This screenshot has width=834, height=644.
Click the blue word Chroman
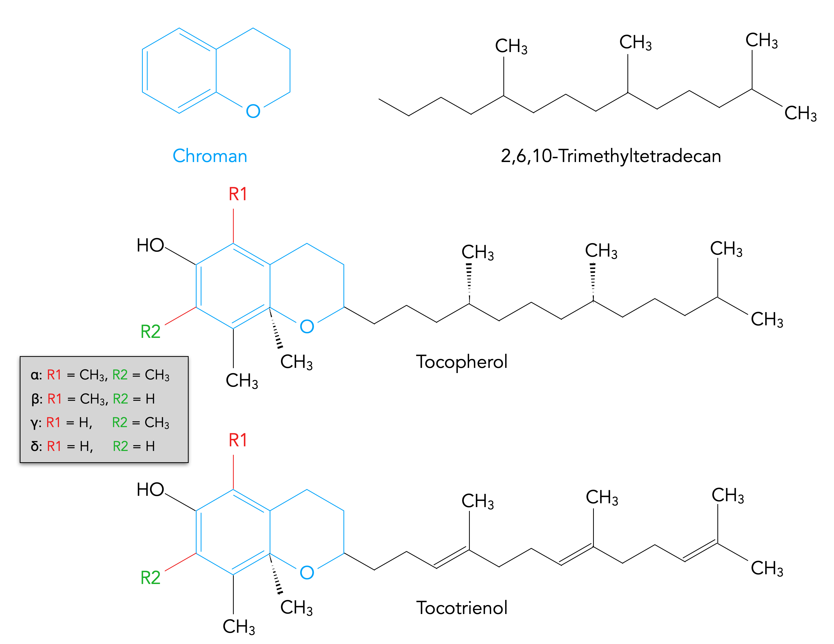point(210,156)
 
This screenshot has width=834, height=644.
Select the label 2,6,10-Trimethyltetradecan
point(611,156)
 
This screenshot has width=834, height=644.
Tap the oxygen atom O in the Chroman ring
point(253,111)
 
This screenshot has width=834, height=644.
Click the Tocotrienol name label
point(462,607)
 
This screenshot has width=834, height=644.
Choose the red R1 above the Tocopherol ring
point(238,194)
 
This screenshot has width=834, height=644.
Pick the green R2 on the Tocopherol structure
point(150,331)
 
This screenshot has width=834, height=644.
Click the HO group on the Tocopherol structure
point(150,245)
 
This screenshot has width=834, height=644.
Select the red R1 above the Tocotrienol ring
point(238,440)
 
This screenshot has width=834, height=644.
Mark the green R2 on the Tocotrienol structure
point(150,578)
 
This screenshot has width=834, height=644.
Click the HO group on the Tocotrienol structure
point(150,490)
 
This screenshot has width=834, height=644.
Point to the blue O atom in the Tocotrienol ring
point(307,572)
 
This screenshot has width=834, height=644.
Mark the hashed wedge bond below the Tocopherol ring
point(276,328)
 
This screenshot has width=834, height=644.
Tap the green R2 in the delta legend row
point(120,446)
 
